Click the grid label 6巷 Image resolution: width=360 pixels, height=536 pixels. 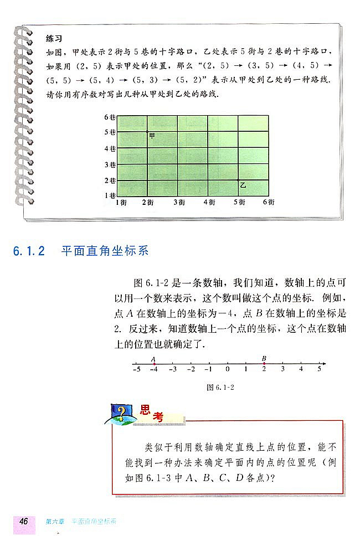109,117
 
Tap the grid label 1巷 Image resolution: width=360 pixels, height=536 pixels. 109,195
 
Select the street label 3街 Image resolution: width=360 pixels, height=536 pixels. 179,203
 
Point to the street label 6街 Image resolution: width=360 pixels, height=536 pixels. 269,203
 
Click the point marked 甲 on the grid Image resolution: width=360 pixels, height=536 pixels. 147,132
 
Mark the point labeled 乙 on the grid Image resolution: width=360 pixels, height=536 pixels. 238,181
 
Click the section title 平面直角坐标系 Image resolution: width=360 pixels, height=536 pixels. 105,251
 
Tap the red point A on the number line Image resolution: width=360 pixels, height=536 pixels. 154,364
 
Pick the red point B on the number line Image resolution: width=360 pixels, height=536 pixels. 264,364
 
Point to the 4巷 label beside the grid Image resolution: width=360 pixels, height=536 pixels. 109,149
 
